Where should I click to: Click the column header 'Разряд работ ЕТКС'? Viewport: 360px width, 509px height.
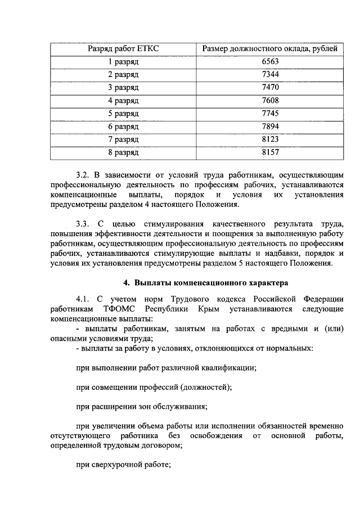[123, 49]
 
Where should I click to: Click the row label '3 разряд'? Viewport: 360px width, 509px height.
[123, 88]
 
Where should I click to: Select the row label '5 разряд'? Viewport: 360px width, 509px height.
[123, 114]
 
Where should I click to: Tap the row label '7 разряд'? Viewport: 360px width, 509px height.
[123, 139]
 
